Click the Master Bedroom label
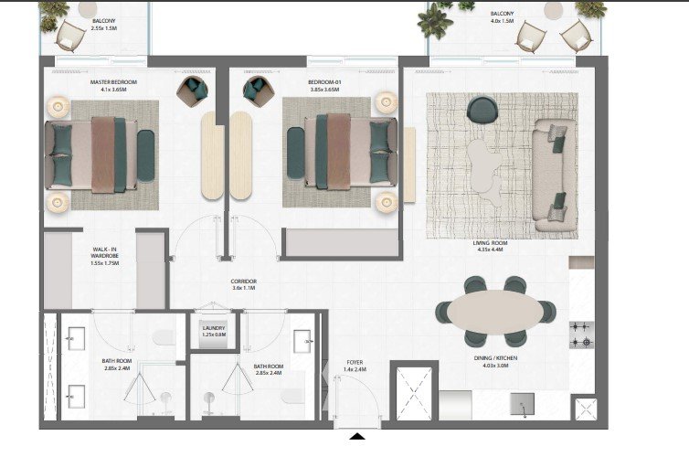click(113, 86)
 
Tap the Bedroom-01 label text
click(324, 86)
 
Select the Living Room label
click(490, 246)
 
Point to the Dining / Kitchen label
click(495, 362)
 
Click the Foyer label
click(355, 366)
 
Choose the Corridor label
click(243, 284)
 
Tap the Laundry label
click(214, 331)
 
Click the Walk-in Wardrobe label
click(104, 256)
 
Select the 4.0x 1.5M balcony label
click(502, 17)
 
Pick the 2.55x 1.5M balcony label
click(103, 24)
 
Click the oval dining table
click(495, 312)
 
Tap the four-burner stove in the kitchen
click(582, 335)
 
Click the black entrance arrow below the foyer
click(357, 436)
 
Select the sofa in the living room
click(554, 175)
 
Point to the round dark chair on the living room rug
click(482, 110)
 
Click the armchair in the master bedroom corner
click(193, 91)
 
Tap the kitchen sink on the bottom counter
click(522, 404)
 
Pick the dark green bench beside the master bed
click(145, 155)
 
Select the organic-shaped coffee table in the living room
click(484, 171)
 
